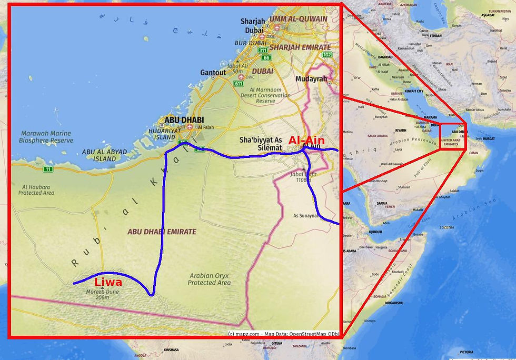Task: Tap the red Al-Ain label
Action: pos(306,141)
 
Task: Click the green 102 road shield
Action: pos(327,54)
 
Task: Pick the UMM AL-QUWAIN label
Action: pos(298,18)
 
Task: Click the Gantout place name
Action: pos(213,73)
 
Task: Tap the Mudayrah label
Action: pos(312,79)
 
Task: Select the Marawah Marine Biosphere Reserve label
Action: pos(46,137)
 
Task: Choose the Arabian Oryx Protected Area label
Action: pos(209,279)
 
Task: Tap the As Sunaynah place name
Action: pos(307,215)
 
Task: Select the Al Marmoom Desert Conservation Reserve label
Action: pos(265,95)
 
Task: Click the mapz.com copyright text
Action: pos(243,334)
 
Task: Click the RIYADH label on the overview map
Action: pos(401,129)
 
